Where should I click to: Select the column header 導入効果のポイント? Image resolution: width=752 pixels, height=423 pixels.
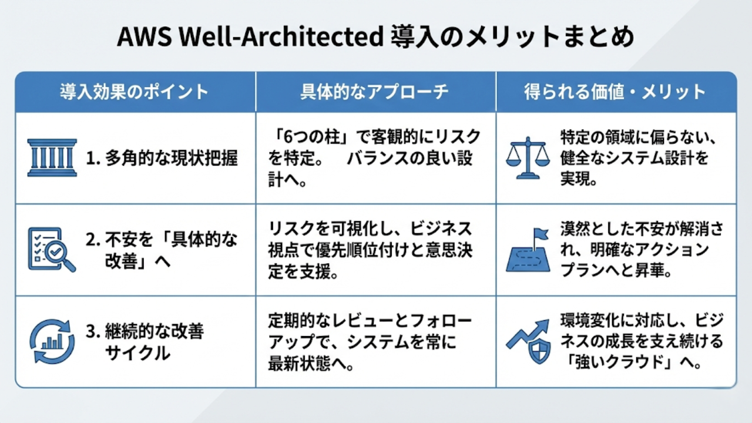pos(135,92)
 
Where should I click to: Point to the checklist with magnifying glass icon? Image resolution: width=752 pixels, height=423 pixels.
pos(51,249)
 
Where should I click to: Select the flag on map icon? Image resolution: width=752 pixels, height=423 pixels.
pos(528,250)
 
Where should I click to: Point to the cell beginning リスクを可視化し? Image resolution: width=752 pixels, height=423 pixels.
pos(370,250)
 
